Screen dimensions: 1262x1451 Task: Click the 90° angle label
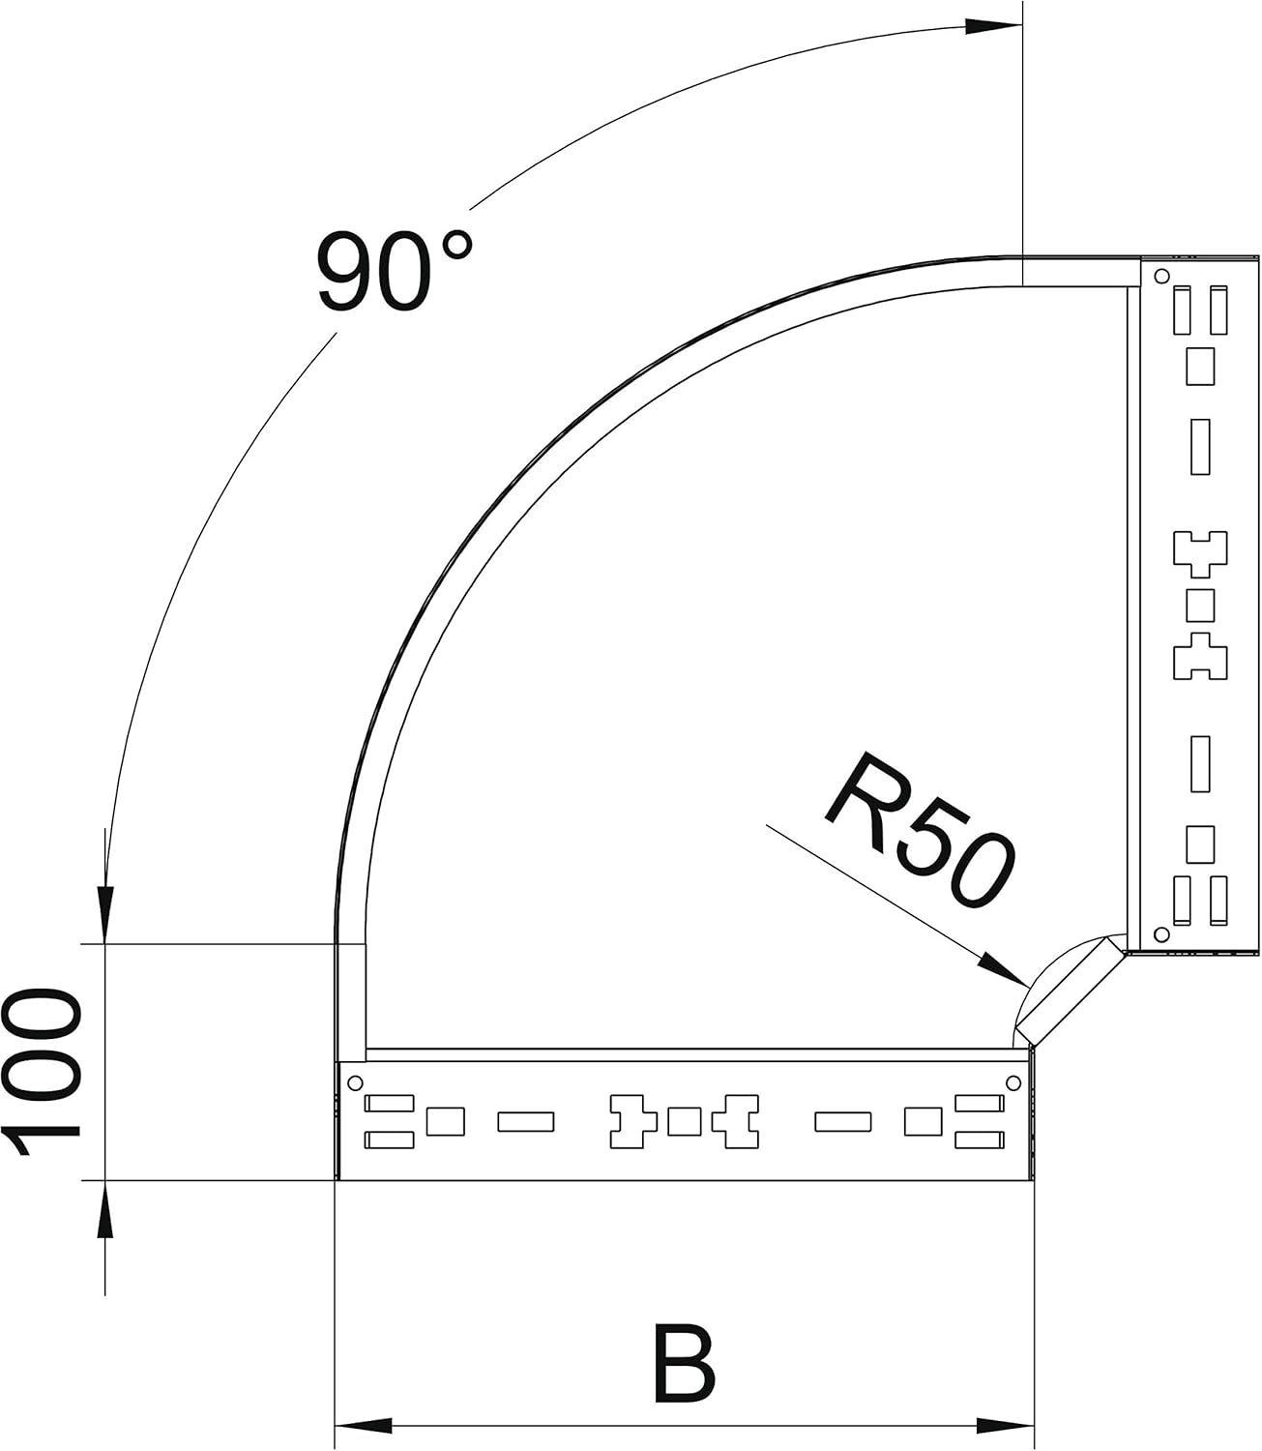click(x=395, y=271)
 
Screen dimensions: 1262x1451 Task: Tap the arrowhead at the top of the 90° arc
click(x=993, y=26)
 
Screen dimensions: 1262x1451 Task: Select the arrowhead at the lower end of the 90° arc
click(x=105, y=915)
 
